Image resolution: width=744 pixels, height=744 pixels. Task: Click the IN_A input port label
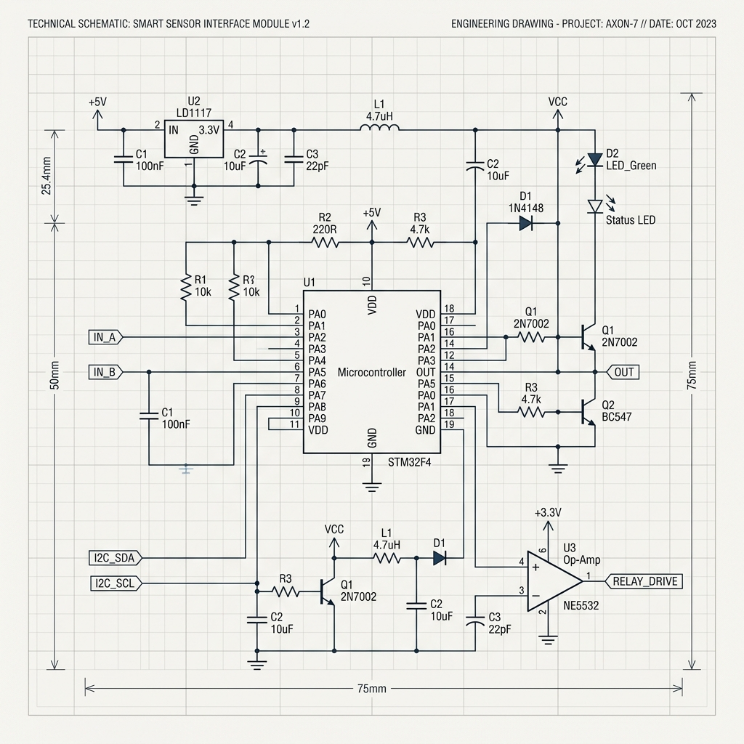105,337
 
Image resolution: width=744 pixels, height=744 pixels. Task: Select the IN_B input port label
105,372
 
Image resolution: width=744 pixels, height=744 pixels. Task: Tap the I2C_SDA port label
116,557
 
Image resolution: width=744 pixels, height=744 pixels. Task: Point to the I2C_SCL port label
116,583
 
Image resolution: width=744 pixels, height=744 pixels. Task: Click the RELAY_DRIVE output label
644,581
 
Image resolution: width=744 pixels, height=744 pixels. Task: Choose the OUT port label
623,372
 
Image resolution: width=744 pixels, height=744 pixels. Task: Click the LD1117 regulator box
193,139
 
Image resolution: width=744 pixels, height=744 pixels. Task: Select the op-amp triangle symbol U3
554,581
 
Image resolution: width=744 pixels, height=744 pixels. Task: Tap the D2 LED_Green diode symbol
594,159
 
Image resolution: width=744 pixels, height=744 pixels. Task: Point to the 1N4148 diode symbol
526,222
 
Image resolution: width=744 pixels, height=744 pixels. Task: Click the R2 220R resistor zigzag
325,243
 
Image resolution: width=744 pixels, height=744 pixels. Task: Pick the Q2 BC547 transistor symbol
589,412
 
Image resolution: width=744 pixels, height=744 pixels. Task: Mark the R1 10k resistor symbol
185,286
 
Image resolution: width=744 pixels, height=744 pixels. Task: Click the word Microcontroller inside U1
371,373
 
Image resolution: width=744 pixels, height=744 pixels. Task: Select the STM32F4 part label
410,462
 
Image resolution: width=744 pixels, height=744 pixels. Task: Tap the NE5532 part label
581,605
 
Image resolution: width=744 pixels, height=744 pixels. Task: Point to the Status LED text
631,220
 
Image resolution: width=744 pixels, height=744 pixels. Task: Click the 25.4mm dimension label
46,176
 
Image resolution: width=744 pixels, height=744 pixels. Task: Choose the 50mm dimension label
54,376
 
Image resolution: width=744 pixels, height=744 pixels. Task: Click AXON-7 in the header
622,24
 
